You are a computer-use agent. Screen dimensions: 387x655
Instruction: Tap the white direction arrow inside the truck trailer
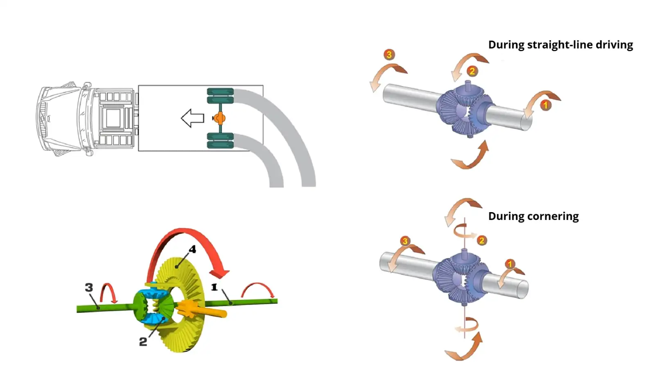point(192,118)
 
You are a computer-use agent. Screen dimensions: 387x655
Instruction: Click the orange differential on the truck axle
point(220,118)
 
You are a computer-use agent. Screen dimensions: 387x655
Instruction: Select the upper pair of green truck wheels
point(220,96)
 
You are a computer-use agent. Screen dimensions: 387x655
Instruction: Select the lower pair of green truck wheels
point(220,140)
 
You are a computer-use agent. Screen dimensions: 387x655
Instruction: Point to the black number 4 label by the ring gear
point(192,249)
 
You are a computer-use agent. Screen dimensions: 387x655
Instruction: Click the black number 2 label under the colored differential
point(143,342)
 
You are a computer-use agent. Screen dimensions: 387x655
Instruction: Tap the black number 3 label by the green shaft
point(89,287)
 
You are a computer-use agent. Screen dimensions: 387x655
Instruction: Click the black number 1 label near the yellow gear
point(214,287)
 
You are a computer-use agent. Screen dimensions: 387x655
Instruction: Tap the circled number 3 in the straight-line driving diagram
point(389,54)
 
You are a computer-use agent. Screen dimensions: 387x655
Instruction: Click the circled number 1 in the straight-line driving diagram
point(545,105)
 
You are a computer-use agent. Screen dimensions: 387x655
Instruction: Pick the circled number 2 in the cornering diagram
point(481,240)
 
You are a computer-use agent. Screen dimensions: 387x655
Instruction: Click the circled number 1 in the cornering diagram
point(510,264)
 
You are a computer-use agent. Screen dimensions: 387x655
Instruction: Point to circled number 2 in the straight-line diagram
point(472,71)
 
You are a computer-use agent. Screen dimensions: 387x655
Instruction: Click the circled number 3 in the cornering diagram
point(405,241)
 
